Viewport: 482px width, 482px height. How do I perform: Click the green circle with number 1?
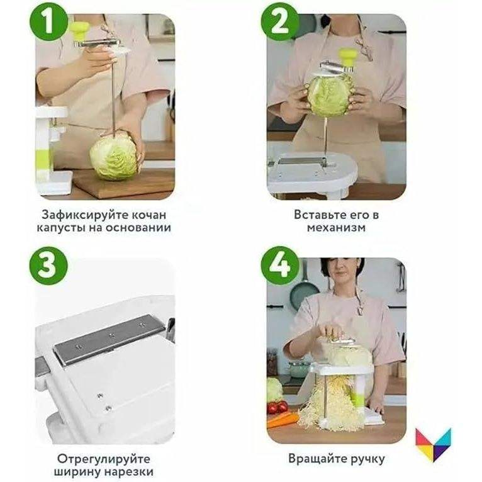coord(48,22)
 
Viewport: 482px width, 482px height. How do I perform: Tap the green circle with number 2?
coord(280,22)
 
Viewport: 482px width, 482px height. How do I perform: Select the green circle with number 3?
coord(48,266)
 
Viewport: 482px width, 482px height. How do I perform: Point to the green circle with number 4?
coord(280,266)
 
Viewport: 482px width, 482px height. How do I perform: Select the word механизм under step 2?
coord(336,228)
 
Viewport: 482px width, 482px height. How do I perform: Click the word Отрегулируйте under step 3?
coord(104,459)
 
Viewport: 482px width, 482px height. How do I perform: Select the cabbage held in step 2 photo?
coord(331,94)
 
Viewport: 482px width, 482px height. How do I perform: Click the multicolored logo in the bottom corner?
coord(433,444)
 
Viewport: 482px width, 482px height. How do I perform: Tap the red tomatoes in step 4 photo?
coord(277,407)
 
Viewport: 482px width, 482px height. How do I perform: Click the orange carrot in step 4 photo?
coord(282,420)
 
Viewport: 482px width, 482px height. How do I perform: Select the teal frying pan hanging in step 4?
coord(304,291)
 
